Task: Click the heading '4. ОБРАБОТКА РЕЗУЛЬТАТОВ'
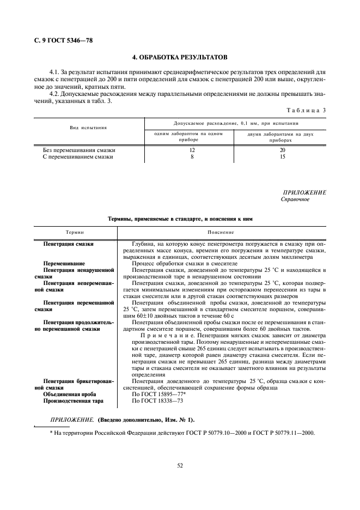pyautogui.click(x=180, y=57)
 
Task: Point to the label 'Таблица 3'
pyautogui.click(x=308, y=111)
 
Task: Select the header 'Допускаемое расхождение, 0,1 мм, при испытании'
pyautogui.click(x=236, y=123)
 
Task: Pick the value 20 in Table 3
pyautogui.click(x=282, y=150)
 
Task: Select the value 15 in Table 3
pyautogui.click(x=282, y=157)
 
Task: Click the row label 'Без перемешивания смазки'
pyautogui.click(x=79, y=150)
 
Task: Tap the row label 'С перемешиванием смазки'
pyautogui.click(x=78, y=157)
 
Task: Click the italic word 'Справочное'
pyautogui.click(x=295, y=199)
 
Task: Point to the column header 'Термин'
pyautogui.click(x=75, y=232)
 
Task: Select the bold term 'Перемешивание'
pyautogui.click(x=64, y=263)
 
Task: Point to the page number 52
pyautogui.click(x=179, y=465)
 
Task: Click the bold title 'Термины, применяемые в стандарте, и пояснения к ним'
pyautogui.click(x=180, y=218)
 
